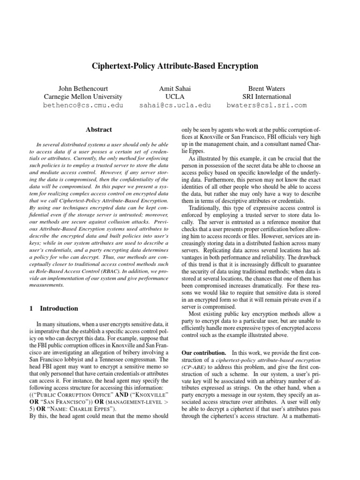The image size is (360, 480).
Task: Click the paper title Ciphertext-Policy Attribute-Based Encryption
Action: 180,66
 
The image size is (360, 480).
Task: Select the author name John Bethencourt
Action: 83,88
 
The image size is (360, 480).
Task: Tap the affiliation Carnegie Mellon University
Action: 83,97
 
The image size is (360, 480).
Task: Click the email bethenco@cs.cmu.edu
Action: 83,105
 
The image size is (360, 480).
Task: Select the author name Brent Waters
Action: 267,88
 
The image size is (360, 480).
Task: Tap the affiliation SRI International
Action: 267,97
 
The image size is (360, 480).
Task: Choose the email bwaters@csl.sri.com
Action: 267,105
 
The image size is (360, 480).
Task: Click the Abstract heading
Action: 99,129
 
